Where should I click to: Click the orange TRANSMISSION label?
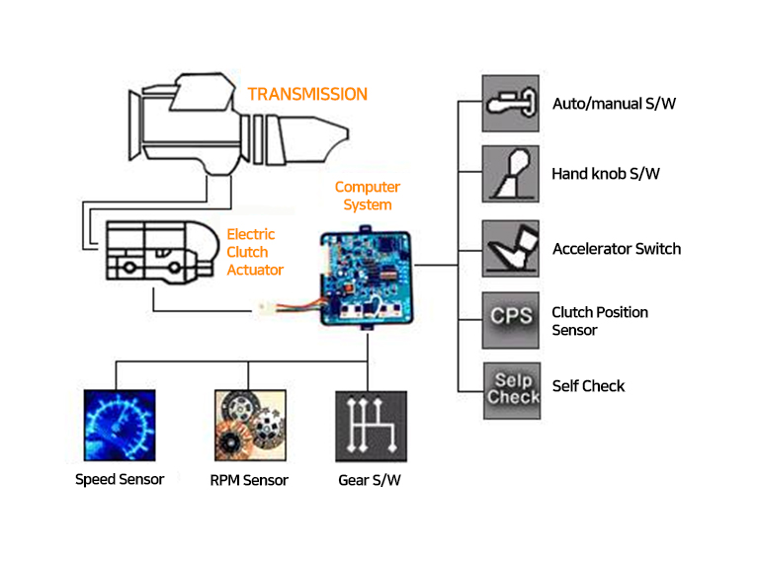coord(307,95)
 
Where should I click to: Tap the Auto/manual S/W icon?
coord(510,103)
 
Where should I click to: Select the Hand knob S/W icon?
coord(510,175)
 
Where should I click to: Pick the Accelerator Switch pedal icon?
coord(510,248)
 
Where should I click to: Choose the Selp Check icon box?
coord(510,388)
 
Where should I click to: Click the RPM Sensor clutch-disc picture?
coord(248,426)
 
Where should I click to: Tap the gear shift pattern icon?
coord(371,426)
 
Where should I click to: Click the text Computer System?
coord(368,196)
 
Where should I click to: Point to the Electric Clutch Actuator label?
coord(255,252)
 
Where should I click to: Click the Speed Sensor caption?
coord(119,480)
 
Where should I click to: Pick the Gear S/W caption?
coord(370,481)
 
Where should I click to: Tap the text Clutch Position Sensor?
coord(600,321)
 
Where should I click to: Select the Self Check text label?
coord(589,386)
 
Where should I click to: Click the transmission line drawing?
coord(232,123)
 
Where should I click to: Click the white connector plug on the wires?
coord(266,309)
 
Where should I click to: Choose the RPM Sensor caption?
coord(249,481)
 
